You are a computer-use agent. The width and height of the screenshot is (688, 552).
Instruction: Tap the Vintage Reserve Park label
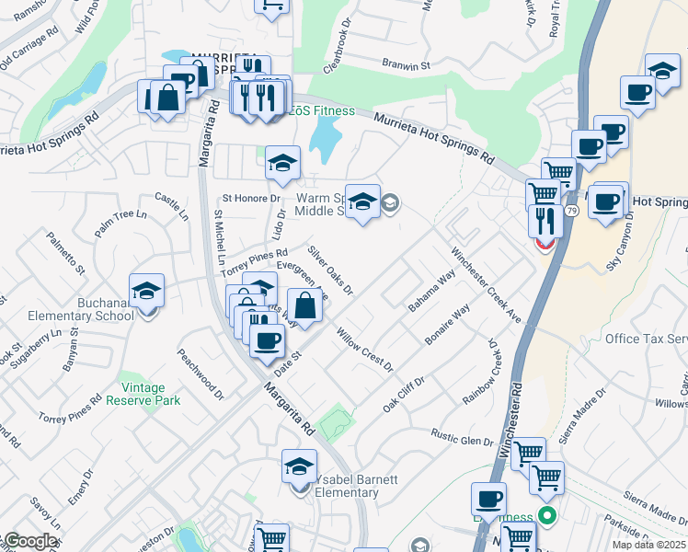(x=143, y=394)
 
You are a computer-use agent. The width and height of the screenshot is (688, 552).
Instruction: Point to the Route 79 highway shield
(x=572, y=212)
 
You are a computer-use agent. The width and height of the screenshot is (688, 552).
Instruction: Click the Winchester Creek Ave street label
(x=486, y=284)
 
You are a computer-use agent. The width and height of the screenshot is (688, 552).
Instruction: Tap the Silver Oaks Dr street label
(x=330, y=270)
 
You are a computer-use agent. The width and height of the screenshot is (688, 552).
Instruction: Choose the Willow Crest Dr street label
(x=364, y=347)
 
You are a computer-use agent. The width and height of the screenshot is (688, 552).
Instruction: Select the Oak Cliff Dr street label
(x=404, y=395)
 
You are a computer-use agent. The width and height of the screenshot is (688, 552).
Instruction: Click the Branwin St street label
(x=407, y=65)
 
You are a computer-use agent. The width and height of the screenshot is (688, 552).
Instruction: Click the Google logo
(x=30, y=541)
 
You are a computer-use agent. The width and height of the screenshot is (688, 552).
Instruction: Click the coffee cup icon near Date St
(x=267, y=340)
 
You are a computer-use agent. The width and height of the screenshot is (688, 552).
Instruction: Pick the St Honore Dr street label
(x=250, y=198)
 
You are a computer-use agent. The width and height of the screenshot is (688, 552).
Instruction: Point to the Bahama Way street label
(x=432, y=291)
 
